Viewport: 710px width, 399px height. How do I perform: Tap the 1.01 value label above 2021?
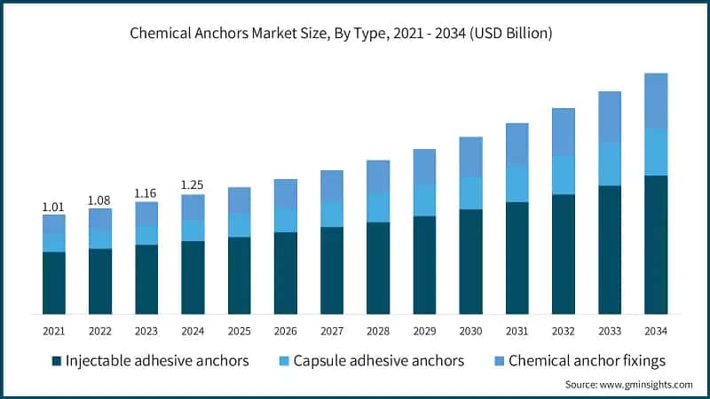click(x=54, y=207)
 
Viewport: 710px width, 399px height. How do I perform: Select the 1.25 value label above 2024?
click(x=193, y=184)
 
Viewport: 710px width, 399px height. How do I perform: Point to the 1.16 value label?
click(x=146, y=192)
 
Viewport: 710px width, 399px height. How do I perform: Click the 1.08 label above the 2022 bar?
click(x=100, y=200)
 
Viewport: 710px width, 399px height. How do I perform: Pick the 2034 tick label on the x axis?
click(x=655, y=330)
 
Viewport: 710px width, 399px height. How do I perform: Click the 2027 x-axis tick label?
click(x=331, y=330)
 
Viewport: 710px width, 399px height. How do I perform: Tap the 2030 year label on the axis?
click(x=470, y=330)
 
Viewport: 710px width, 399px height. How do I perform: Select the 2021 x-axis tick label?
click(x=54, y=330)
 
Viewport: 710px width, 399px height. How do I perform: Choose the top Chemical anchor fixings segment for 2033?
click(x=609, y=116)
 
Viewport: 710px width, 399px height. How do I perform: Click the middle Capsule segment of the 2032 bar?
click(x=563, y=175)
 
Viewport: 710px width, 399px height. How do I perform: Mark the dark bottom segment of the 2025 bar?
click(x=239, y=275)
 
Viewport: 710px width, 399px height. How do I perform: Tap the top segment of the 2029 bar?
click(x=424, y=167)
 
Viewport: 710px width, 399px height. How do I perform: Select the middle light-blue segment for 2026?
click(x=285, y=220)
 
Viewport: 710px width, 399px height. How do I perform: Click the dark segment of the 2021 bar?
click(x=54, y=283)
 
